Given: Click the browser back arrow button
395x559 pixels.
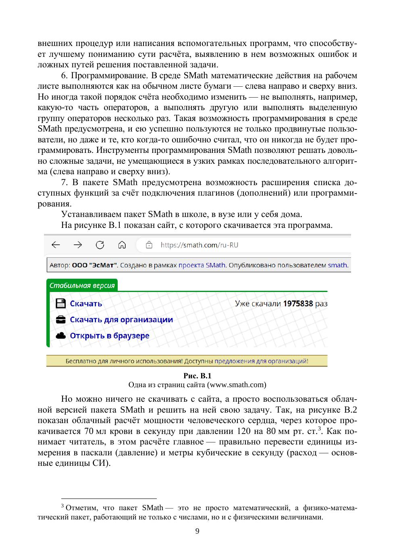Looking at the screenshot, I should pyautogui.click(x=56, y=245).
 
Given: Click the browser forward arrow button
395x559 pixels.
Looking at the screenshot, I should pyautogui.click(x=78, y=245).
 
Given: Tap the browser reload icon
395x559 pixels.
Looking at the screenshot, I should pyautogui.click(x=100, y=245).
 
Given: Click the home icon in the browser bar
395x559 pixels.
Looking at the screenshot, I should pyautogui.click(x=122, y=245).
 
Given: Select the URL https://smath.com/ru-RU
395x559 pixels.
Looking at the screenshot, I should pyautogui.click(x=199, y=245).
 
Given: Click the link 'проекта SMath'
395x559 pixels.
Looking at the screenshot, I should pyautogui.click(x=202, y=265).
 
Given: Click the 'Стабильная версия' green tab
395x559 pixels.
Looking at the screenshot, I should pyautogui.click(x=82, y=286).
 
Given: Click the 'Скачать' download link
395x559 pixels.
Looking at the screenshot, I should pyautogui.click(x=86, y=304).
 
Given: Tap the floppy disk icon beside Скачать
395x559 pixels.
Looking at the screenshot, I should pyautogui.click(x=60, y=304).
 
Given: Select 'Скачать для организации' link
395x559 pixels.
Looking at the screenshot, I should pyautogui.click(x=121, y=320).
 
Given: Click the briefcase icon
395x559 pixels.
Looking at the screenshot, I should pyautogui.click(x=60, y=320).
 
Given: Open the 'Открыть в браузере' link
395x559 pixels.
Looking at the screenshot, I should pyautogui.click(x=110, y=336).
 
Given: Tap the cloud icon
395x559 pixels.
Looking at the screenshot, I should pyautogui.click(x=60, y=336).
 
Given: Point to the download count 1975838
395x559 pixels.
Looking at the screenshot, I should pyautogui.click(x=298, y=304).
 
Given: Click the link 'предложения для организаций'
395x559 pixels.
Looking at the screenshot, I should pyautogui.click(x=261, y=361).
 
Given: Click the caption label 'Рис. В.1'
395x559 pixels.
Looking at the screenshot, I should pyautogui.click(x=197, y=375).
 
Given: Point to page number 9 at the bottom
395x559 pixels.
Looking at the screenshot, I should pyautogui.click(x=197, y=531).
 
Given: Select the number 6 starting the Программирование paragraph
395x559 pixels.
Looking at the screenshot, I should pyautogui.click(x=63, y=75).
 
